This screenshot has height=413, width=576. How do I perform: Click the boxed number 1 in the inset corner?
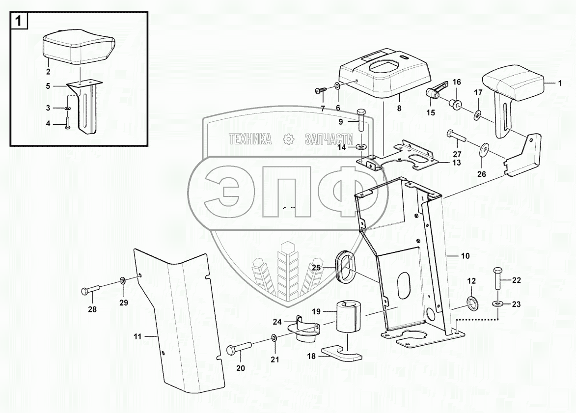(18, 21)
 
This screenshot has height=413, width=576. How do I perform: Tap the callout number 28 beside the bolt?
(92, 309)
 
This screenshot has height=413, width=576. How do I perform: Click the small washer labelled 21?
(274, 338)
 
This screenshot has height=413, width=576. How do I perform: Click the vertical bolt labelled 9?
(359, 120)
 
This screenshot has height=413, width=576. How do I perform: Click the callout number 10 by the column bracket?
(465, 256)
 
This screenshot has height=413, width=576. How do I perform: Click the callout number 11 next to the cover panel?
(137, 337)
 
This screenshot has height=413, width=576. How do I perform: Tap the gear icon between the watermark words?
(289, 139)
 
